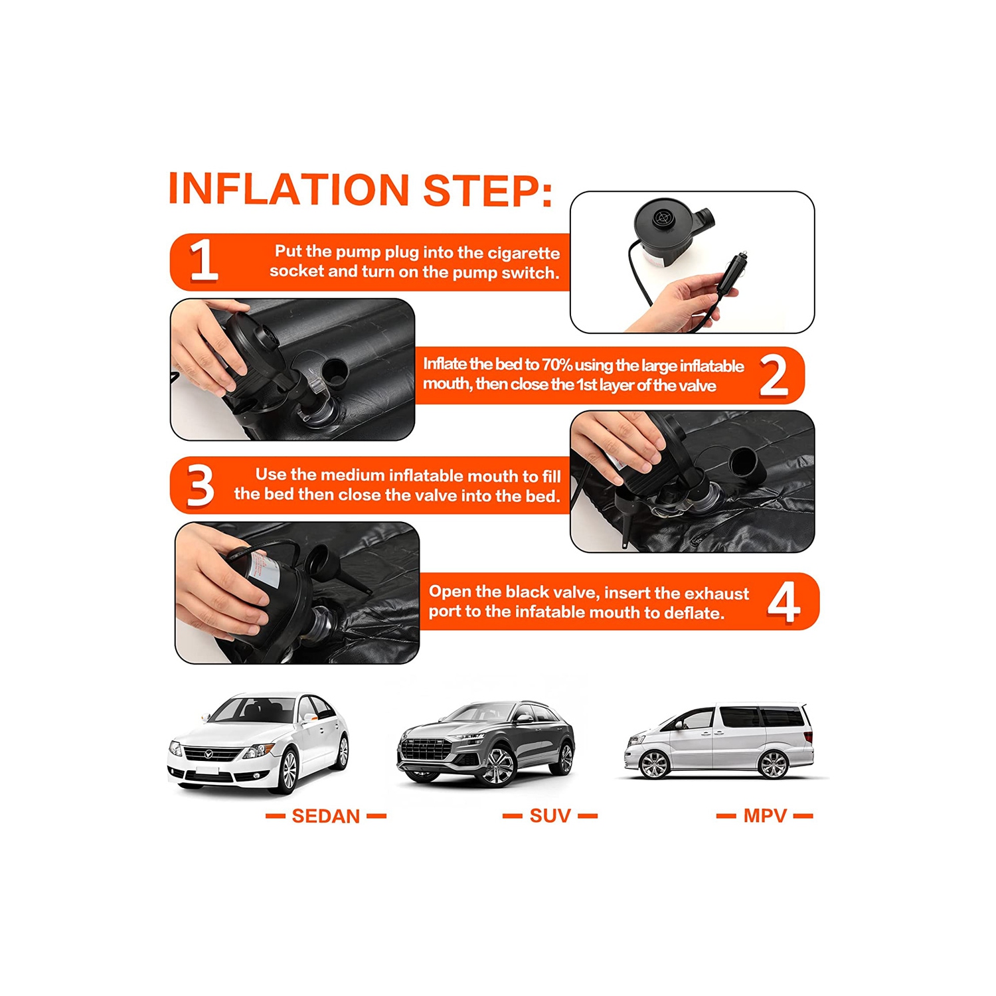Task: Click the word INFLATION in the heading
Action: pyautogui.click(x=288, y=189)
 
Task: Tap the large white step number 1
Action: pyautogui.click(x=203, y=260)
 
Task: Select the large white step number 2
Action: pyautogui.click(x=774, y=375)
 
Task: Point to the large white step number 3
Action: pyautogui.click(x=200, y=485)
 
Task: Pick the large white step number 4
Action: pyautogui.click(x=784, y=602)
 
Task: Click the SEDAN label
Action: pyautogui.click(x=325, y=816)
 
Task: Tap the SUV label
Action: pyautogui.click(x=550, y=816)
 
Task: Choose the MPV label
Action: pyautogui.click(x=765, y=816)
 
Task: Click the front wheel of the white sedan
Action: pyautogui.click(x=288, y=771)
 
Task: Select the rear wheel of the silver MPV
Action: pyautogui.click(x=773, y=764)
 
